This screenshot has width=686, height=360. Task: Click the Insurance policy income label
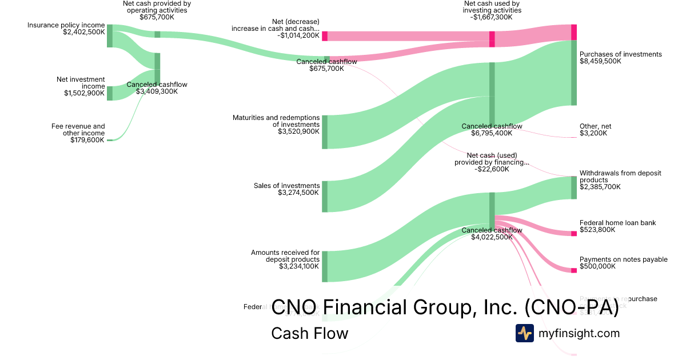[x=66, y=25]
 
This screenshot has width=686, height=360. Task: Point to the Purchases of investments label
[x=620, y=54]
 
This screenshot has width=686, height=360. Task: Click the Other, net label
[x=595, y=126]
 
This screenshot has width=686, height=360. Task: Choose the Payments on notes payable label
[x=623, y=259]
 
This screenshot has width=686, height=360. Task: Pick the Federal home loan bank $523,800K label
[x=617, y=223]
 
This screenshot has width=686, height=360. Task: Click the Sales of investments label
[x=286, y=186]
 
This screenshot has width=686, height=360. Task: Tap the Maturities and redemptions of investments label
[x=276, y=121]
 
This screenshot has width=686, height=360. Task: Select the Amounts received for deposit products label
[x=285, y=255]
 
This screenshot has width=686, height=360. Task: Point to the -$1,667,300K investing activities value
[x=492, y=17]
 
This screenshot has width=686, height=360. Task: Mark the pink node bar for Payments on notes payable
[x=574, y=270]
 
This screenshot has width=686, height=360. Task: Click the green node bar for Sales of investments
[x=325, y=197]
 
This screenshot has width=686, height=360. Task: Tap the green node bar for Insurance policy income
[x=110, y=36]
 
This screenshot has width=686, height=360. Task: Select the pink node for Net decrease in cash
[x=325, y=36]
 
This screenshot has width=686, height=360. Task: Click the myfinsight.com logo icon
[x=524, y=333]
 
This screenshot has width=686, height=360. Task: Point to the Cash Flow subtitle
[x=309, y=333]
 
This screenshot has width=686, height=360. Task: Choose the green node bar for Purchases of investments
[x=574, y=73]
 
